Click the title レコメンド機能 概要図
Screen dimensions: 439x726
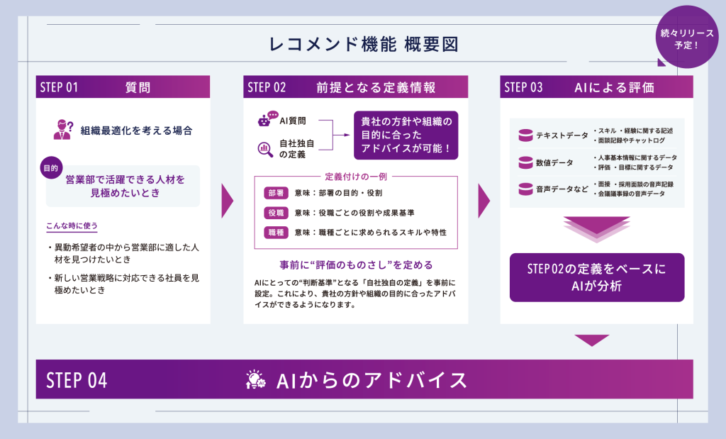(x=363, y=44)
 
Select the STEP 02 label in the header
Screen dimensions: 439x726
(x=267, y=87)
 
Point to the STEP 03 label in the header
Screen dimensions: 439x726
(x=523, y=87)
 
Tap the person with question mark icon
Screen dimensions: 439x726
(x=63, y=130)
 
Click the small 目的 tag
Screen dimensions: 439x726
(x=50, y=169)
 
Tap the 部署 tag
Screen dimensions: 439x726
(x=275, y=193)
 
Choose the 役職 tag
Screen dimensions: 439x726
(x=275, y=213)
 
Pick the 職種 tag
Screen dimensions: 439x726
(x=275, y=233)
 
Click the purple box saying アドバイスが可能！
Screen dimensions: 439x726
(x=406, y=135)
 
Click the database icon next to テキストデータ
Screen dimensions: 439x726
(x=525, y=135)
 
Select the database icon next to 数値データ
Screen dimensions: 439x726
(x=525, y=162)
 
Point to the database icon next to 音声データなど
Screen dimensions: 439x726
(x=525, y=189)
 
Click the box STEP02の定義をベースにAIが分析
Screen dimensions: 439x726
(x=597, y=277)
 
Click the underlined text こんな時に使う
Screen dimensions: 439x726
(x=72, y=226)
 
